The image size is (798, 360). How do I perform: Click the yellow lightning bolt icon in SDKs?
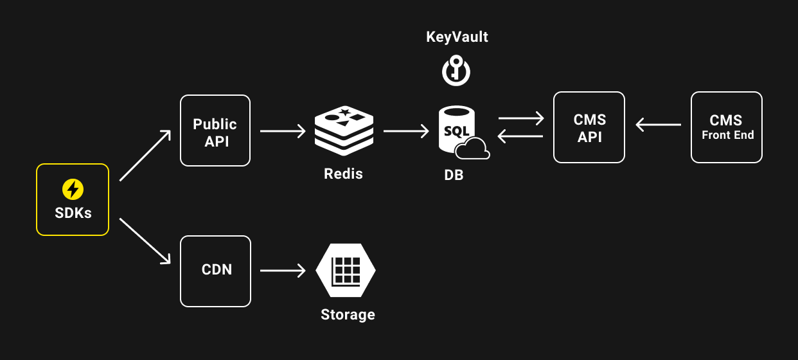coord(73,189)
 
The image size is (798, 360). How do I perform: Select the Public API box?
coord(215,131)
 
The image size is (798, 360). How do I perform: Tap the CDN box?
coord(215,271)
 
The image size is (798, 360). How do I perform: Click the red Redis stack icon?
coord(344,130)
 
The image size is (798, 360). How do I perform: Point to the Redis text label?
coord(343,174)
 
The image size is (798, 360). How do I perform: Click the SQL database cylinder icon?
coord(457,130)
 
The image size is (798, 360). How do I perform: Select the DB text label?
coord(454,175)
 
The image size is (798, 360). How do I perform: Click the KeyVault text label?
coord(457,37)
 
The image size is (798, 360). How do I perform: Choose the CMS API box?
coord(589,127)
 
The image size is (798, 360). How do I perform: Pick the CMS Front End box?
coord(726,127)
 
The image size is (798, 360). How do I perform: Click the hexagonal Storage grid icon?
coord(346,270)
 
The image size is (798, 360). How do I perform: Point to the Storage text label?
coord(348,314)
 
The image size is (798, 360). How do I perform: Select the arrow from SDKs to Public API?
coord(145,155)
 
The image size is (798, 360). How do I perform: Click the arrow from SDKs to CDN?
coord(145,241)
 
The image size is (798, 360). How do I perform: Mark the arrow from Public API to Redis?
coord(283,131)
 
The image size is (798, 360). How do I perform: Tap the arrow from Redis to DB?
coord(406,131)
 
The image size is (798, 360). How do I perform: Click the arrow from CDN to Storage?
coord(283,271)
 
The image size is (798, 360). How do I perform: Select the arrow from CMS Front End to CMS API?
coord(658,125)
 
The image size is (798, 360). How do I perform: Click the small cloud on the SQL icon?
coord(473,150)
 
